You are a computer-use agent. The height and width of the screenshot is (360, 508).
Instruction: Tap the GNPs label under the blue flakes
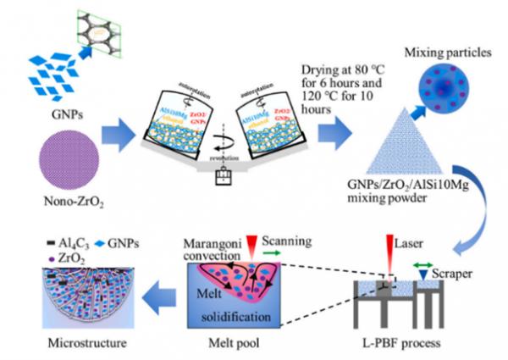[x=56, y=112]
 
